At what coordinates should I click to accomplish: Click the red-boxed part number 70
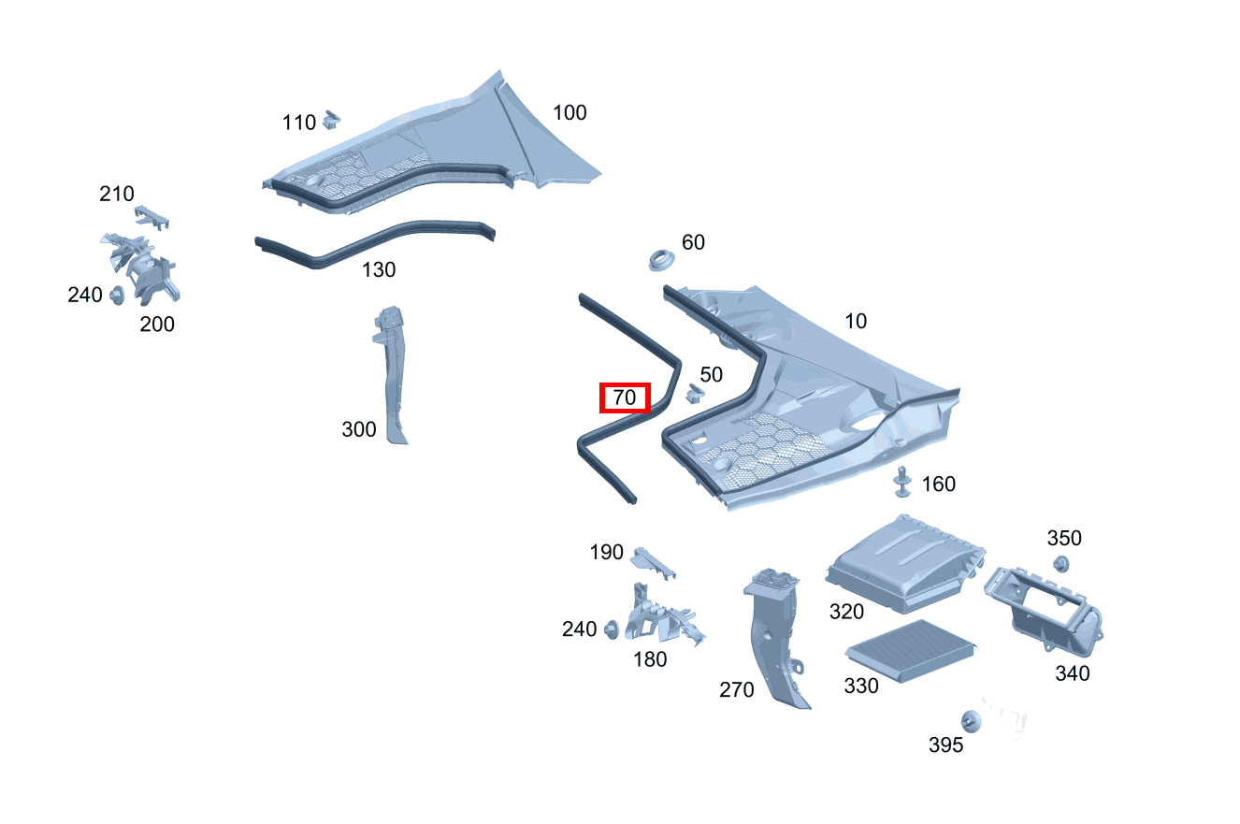coord(625,398)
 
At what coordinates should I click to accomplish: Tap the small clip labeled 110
coord(331,120)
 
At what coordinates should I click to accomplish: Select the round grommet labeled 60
coord(661,260)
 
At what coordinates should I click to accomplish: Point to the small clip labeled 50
coord(695,393)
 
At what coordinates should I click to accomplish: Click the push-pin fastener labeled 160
coord(902,482)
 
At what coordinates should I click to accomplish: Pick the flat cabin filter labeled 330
coord(911,650)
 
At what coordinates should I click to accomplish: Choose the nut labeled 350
coord(1060,564)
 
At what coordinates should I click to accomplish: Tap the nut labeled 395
coord(971,721)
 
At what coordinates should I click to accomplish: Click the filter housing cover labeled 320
coord(905,564)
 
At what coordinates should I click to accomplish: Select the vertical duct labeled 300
coord(393,374)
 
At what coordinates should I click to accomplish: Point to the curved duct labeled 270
coord(775,637)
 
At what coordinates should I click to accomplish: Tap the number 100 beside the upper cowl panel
coord(570,113)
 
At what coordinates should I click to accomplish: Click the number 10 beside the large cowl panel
coord(856,321)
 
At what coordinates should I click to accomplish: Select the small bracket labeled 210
coord(151,217)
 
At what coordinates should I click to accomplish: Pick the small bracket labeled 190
coord(654,563)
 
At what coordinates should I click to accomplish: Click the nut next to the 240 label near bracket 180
coord(612,629)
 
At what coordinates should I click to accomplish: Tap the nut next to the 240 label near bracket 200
coord(117,296)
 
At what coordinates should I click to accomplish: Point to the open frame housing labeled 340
coord(1044,609)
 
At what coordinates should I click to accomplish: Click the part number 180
coord(650,659)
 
